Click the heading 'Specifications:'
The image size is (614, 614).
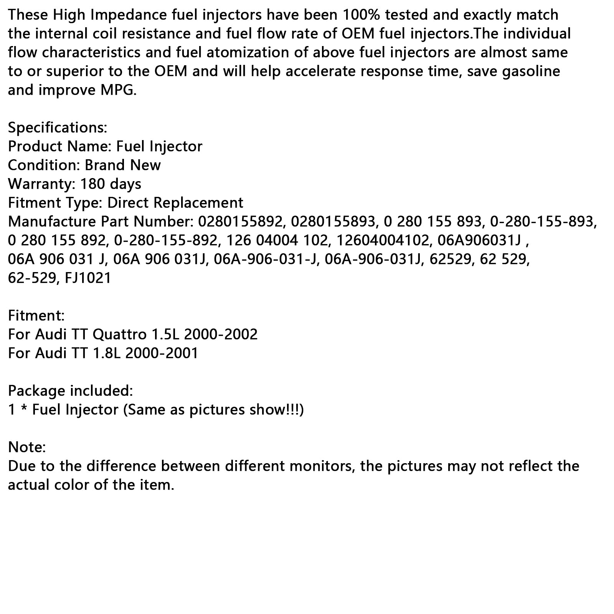pos(58,127)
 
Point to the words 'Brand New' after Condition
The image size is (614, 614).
pos(122,165)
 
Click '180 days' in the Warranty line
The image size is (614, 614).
pos(111,184)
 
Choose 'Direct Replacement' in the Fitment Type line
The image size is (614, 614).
pos(175,203)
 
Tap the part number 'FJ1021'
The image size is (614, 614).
pos(88,278)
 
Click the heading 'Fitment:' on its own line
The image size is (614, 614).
pos(36,315)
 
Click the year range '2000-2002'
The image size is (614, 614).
pos(221,334)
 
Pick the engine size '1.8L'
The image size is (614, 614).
pos(106,353)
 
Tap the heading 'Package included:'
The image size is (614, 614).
pos(71,391)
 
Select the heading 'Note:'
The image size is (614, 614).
pos(27,447)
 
